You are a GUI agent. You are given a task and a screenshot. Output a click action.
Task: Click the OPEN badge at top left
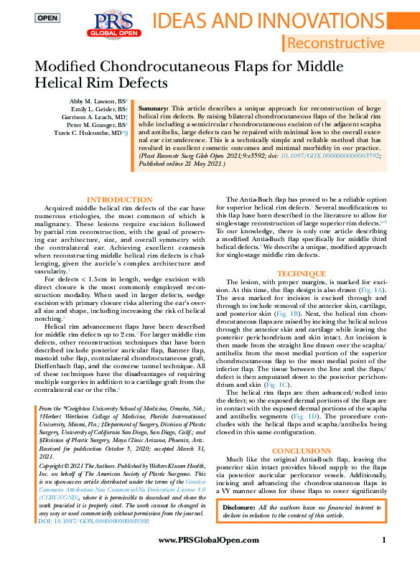47,17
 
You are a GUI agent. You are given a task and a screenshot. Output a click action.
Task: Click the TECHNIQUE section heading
296,273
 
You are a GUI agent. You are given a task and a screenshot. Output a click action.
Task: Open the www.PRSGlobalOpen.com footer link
208,540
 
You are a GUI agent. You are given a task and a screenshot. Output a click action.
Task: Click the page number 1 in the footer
385,540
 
